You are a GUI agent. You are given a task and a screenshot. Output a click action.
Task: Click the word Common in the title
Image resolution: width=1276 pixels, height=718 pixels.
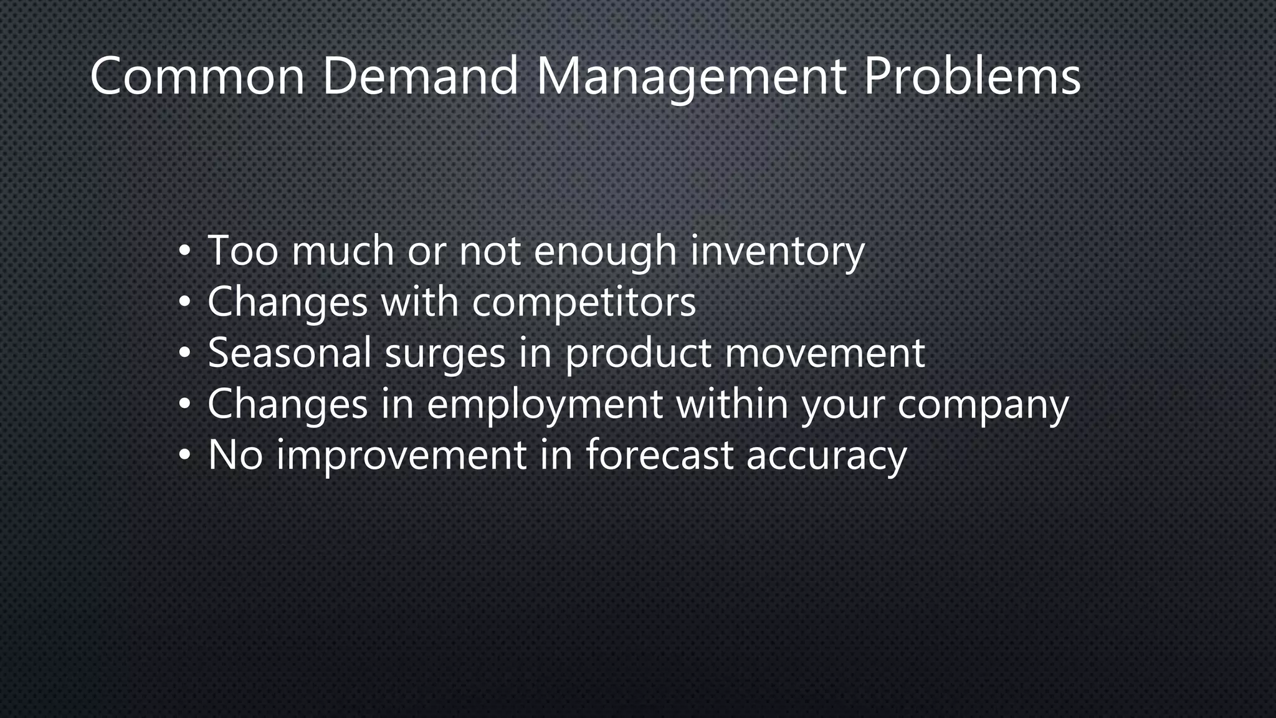(198, 76)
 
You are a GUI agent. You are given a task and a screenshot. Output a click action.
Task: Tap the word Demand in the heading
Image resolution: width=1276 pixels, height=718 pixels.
(420, 76)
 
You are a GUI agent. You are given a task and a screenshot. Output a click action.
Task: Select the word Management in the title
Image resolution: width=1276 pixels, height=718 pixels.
(690, 77)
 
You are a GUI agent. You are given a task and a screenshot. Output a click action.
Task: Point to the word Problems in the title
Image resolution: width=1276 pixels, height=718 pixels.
(972, 76)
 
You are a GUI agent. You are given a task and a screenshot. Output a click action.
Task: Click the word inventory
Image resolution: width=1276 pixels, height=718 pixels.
(777, 251)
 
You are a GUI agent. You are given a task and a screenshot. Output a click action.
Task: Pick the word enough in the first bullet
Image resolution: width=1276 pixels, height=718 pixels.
(605, 251)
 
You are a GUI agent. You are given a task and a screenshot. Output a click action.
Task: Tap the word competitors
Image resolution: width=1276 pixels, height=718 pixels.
(584, 302)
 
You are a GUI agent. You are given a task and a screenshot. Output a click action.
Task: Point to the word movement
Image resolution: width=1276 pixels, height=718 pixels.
(825, 353)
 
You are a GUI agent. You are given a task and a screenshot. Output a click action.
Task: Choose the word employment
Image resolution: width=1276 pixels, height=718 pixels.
(545, 404)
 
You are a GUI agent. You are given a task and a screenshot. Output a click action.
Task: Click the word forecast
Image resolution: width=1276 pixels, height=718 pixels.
(659, 454)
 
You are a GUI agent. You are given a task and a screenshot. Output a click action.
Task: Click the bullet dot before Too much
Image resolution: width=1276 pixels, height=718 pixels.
(184, 252)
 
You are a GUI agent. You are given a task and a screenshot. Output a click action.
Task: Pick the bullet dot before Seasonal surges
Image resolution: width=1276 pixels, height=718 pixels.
(184, 353)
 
